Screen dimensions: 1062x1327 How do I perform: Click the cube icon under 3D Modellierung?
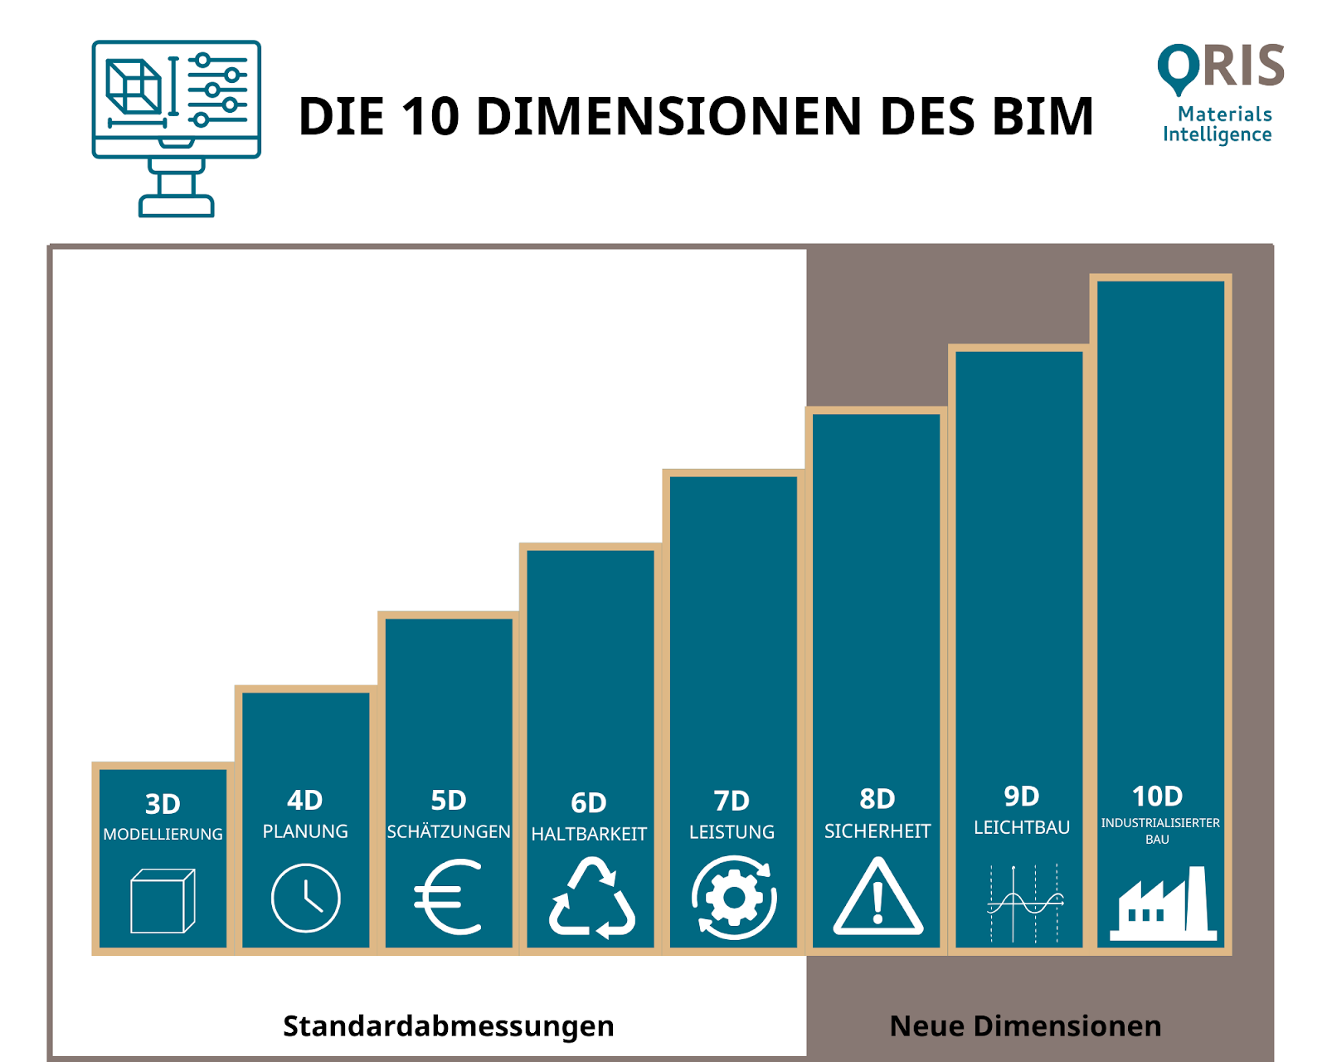(163, 901)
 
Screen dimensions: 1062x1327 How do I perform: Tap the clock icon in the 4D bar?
(305, 899)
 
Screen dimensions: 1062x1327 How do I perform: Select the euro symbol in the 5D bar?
(449, 898)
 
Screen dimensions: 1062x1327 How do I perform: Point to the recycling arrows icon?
(591, 899)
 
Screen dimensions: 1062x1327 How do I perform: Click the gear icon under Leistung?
(734, 899)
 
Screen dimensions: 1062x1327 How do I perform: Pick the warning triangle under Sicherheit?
(877, 899)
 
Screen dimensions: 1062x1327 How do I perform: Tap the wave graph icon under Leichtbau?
(1024, 903)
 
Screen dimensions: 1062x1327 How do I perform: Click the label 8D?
(877, 799)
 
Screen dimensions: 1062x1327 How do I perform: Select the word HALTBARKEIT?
(589, 834)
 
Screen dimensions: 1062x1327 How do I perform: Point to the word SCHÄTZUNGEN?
(449, 831)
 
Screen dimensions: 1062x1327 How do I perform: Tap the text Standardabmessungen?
(449, 1026)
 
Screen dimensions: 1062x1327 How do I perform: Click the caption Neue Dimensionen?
(1025, 1026)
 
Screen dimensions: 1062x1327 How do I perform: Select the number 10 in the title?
(430, 116)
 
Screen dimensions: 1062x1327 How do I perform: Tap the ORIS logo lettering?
(1221, 66)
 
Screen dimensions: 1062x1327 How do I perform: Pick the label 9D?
(1021, 796)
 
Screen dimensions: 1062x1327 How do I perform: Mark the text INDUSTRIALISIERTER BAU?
(1159, 831)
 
